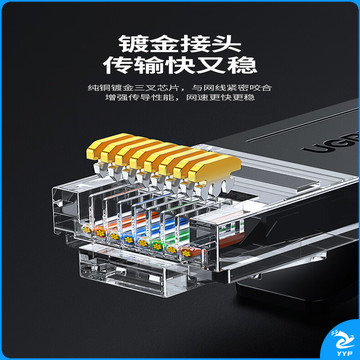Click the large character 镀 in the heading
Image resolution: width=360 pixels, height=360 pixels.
(133, 44)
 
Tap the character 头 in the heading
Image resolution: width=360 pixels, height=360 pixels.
(226, 44)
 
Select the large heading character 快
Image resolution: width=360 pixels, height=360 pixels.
(180, 65)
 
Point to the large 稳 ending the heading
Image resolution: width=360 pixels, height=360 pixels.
(242, 65)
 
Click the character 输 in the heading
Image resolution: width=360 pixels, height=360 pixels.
(149, 65)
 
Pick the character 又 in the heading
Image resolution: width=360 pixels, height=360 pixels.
(211, 65)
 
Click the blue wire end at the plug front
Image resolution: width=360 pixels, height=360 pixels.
(128, 238)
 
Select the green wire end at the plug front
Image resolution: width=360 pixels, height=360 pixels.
(157, 246)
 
